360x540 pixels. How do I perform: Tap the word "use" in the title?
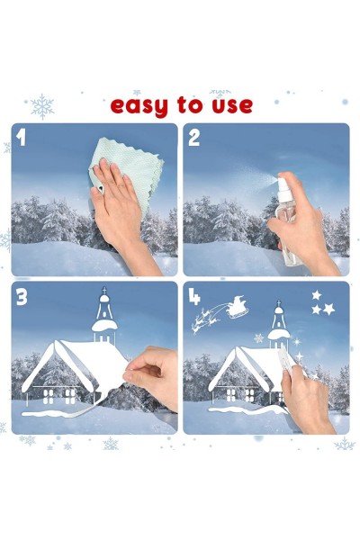click(232, 105)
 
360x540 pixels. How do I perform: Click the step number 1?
click(21, 138)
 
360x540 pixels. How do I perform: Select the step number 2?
click(194, 138)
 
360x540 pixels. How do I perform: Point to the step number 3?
click(22, 297)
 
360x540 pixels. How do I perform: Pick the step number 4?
click(194, 297)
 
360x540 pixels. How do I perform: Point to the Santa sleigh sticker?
click(238, 307)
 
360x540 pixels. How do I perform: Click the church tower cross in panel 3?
click(104, 291)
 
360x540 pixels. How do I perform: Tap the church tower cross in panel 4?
click(279, 303)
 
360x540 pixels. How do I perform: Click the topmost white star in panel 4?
click(316, 295)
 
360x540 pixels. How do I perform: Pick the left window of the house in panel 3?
click(49, 396)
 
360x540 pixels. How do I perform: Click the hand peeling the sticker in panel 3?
click(151, 375)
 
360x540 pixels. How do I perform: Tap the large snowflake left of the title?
click(42, 106)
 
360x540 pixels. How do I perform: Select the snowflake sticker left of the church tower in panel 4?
click(258, 338)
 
